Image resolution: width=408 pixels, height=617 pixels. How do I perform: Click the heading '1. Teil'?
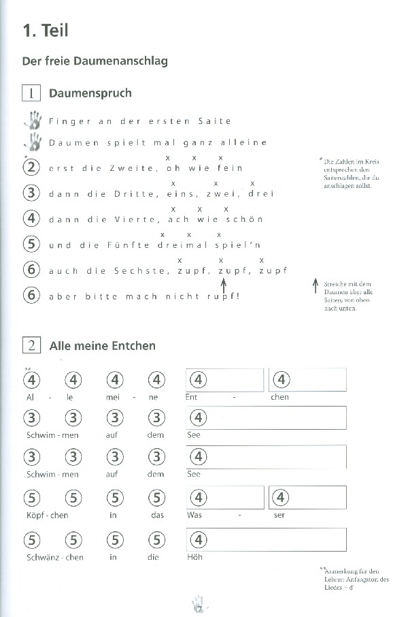tap(46, 31)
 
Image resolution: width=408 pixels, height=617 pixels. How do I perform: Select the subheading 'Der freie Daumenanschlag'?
tap(95, 61)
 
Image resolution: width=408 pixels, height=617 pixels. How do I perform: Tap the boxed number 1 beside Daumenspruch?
tap(31, 93)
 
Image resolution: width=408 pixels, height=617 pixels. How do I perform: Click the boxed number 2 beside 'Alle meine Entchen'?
tap(31, 346)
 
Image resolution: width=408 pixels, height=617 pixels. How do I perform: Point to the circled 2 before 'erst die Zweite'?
tap(31, 168)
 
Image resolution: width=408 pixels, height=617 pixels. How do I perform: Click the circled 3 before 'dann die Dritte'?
tap(31, 193)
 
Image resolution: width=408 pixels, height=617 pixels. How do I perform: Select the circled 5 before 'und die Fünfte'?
tap(31, 244)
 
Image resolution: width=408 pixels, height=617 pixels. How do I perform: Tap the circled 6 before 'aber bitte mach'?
tap(31, 296)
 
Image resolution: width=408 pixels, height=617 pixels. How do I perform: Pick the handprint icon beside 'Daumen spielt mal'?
tap(32, 142)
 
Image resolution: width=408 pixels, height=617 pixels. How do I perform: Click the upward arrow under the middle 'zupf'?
tap(224, 282)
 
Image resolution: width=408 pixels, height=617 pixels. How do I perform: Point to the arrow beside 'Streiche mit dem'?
tap(314, 286)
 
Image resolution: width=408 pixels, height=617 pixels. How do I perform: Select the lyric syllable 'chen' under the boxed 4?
tap(279, 397)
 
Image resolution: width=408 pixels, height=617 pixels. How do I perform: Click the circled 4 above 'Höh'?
tap(197, 540)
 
